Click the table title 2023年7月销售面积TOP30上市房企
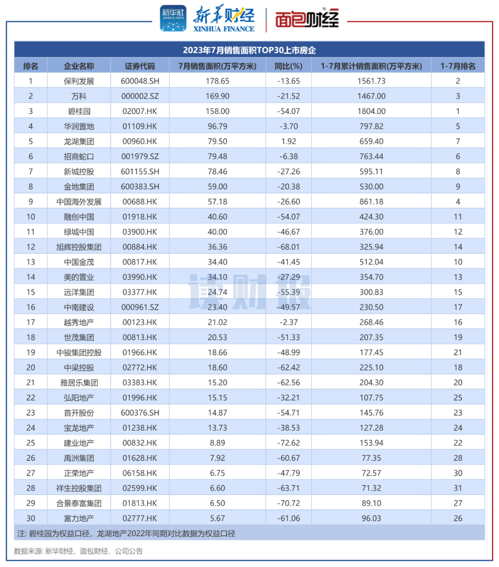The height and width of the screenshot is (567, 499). point(249,50)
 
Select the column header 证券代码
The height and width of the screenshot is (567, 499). point(140,66)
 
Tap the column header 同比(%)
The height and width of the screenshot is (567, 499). point(288,66)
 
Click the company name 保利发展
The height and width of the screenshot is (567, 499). point(79,81)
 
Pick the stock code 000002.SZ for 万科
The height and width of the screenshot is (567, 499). point(140,96)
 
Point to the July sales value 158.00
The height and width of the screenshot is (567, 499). point(217,111)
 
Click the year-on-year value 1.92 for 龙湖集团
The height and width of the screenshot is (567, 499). point(288,142)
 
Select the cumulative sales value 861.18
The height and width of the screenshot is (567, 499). point(371,202)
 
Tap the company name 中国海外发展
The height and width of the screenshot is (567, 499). point(79,202)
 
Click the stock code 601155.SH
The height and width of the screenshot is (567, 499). point(140,172)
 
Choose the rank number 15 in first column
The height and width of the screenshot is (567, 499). point(30,292)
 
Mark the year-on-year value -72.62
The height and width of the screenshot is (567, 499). point(288,443)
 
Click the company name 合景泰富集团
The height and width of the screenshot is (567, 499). point(79,503)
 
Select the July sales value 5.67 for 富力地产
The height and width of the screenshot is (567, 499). point(217,518)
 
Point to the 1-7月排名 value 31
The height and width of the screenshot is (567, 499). point(457,488)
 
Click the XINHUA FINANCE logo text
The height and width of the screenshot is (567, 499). point(224,29)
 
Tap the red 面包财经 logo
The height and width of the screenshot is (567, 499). point(307,19)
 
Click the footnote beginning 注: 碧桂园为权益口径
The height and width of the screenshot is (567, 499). point(126,533)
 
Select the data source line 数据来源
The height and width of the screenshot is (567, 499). point(78,551)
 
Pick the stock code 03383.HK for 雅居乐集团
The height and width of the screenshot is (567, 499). point(140,382)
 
